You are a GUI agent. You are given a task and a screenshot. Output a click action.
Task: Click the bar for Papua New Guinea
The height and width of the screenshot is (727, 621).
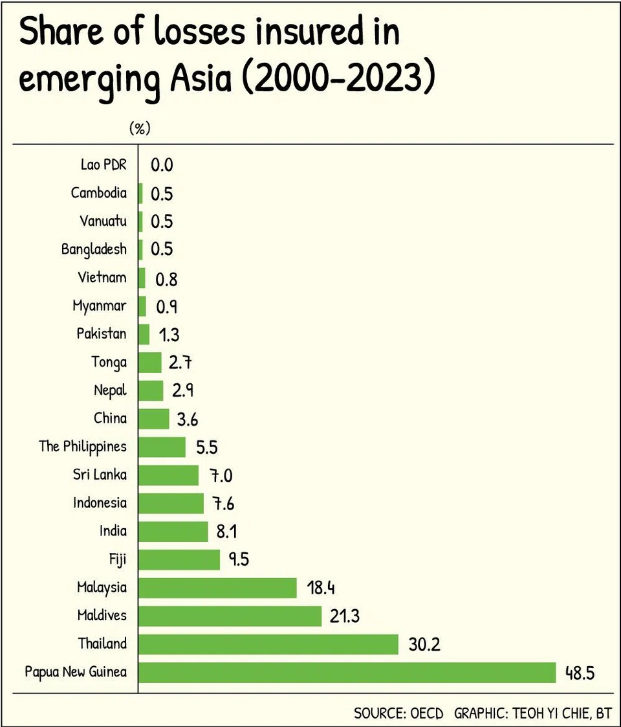click(347, 672)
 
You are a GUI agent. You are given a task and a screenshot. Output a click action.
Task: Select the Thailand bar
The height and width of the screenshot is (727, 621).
click(268, 644)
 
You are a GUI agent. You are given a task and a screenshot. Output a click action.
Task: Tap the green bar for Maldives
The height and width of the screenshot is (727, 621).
click(230, 616)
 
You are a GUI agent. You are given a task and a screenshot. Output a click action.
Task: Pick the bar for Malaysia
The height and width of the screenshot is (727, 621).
click(218, 588)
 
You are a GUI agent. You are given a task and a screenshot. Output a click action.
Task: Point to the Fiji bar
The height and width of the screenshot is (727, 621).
click(179, 559)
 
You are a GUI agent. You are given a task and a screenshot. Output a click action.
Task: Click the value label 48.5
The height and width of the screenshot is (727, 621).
click(579, 673)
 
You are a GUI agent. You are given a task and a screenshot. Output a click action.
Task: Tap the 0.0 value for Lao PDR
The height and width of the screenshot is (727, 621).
click(162, 165)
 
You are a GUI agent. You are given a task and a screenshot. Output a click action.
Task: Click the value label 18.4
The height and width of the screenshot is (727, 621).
click(320, 588)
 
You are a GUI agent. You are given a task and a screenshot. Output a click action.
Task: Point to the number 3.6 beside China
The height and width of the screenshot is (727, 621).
click(187, 419)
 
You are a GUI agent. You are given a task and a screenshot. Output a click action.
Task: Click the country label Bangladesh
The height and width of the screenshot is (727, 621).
click(94, 249)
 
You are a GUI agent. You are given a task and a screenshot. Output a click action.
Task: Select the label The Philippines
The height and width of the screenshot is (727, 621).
click(83, 447)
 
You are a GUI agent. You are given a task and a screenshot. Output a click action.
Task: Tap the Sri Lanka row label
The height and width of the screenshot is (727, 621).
click(100, 475)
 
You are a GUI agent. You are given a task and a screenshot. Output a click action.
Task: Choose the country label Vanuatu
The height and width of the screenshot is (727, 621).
click(103, 221)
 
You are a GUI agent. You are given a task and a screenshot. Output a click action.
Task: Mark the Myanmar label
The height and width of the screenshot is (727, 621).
click(100, 306)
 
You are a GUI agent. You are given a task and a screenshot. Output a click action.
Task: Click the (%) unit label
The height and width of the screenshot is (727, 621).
click(140, 128)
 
